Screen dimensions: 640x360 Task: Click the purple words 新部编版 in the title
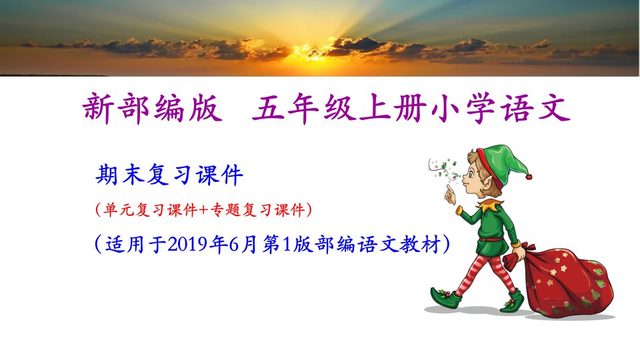(153, 108)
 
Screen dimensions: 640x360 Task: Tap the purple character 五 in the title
(269, 109)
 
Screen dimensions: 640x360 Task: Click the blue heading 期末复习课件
(169, 175)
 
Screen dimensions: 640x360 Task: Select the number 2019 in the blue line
(189, 245)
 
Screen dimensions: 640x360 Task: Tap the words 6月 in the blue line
(243, 245)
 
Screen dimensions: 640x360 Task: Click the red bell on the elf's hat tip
(529, 177)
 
